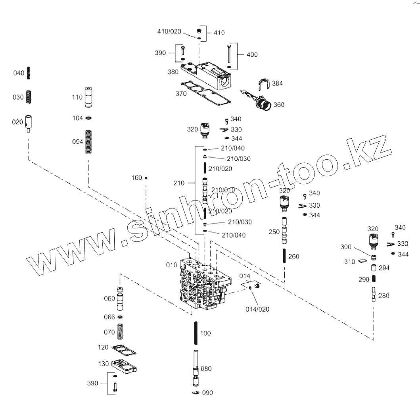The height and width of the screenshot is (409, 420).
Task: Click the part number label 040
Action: pyautogui.click(x=19, y=73)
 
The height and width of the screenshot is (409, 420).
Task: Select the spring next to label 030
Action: pyautogui.click(x=29, y=97)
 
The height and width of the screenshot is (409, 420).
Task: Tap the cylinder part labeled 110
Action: pyautogui.click(x=88, y=97)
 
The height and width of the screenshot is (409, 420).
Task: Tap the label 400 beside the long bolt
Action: pyautogui.click(x=252, y=55)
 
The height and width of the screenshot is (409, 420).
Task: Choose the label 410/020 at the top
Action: pyautogui.click(x=169, y=31)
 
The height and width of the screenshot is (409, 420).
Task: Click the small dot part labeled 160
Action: pyautogui.click(x=146, y=178)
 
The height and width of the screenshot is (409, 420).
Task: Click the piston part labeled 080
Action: pyautogui.click(x=196, y=370)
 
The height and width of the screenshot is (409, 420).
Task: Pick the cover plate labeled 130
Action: pyautogui.click(x=125, y=366)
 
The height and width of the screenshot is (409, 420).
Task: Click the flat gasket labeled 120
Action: pyautogui.click(x=124, y=349)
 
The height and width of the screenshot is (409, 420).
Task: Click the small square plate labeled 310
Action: pyautogui.click(x=361, y=261)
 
